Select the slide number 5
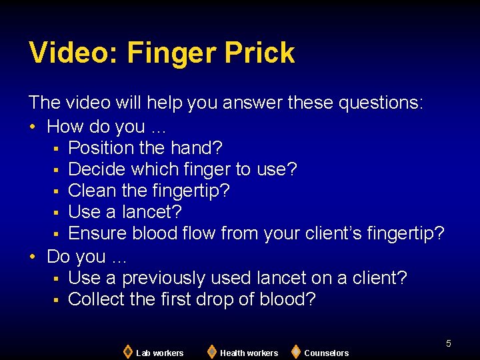coord(449,343)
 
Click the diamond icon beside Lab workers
coord(127,351)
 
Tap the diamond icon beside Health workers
coord(211,351)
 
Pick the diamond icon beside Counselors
coord(296,351)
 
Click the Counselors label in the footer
coord(326,353)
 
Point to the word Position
coord(101,147)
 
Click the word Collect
coord(97,299)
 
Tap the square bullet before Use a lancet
coord(57,213)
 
